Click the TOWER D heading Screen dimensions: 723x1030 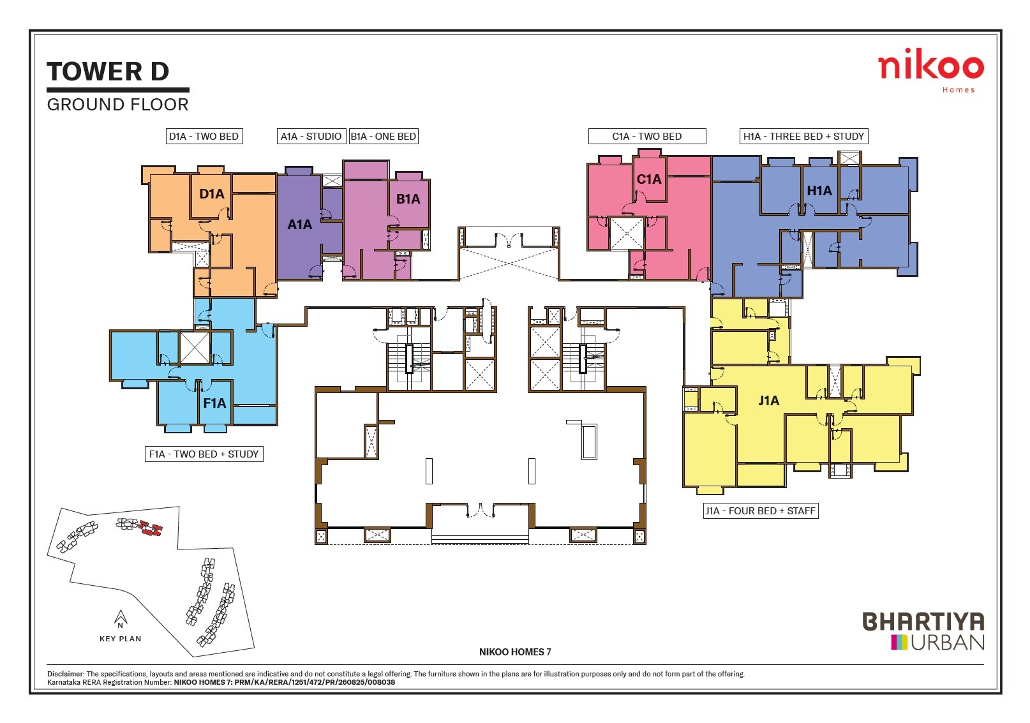(108, 71)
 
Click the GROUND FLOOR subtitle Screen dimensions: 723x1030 (118, 105)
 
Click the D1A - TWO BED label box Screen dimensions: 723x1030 (204, 136)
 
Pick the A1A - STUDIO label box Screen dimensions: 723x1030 (311, 136)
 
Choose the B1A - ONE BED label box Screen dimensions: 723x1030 (383, 136)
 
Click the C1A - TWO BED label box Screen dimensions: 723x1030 (646, 136)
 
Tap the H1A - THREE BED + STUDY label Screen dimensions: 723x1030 (803, 136)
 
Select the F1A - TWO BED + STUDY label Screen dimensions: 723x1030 (204, 454)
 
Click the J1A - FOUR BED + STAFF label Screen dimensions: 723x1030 (760, 511)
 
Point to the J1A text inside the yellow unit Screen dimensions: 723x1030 (768, 401)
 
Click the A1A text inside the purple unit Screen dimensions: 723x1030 (299, 225)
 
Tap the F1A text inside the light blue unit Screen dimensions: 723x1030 (214, 403)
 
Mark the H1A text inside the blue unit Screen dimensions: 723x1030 (819, 191)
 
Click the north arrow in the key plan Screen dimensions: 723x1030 (120, 618)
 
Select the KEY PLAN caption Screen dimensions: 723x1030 (120, 639)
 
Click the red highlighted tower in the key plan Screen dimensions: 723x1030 (151, 529)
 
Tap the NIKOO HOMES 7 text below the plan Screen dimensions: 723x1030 (514, 652)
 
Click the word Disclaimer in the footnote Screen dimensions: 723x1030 (65, 674)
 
